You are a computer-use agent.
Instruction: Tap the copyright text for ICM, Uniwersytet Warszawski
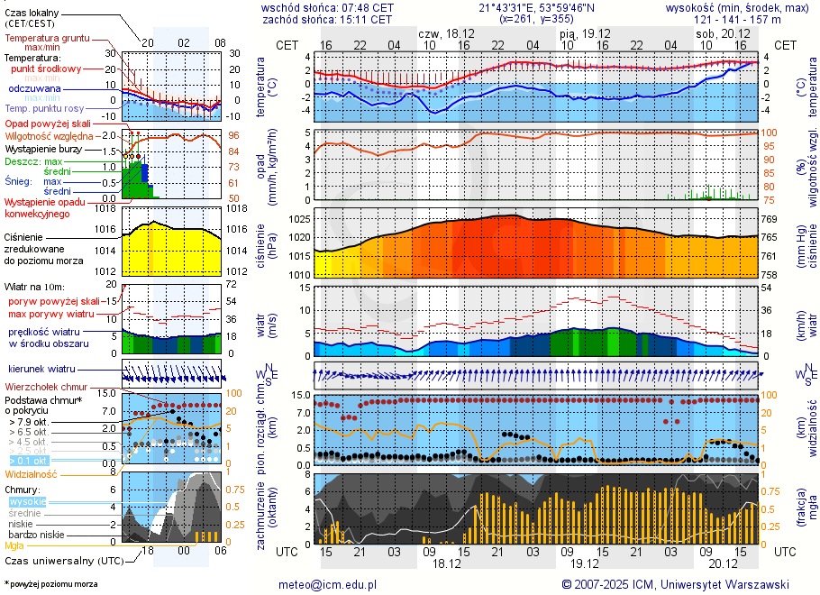tap(676, 584)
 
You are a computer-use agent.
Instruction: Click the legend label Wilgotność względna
tap(50, 135)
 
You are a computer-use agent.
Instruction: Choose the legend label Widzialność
tap(32, 473)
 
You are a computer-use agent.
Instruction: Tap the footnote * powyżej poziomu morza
tap(50, 584)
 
